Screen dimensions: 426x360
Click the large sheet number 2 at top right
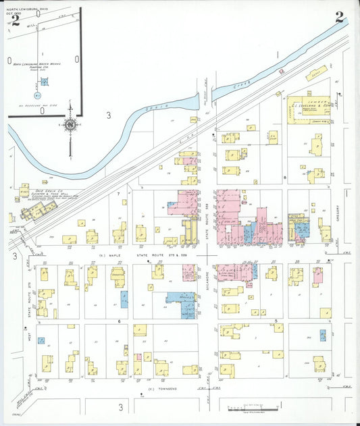pyautogui.click(x=339, y=18)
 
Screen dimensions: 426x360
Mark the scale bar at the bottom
pyautogui.click(x=247, y=408)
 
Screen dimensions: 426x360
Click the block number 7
pyautogui.click(x=118, y=194)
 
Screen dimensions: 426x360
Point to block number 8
pyautogui.click(x=285, y=178)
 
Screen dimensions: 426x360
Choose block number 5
pyautogui.click(x=276, y=320)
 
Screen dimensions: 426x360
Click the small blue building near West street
pyautogui.click(x=42, y=341)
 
